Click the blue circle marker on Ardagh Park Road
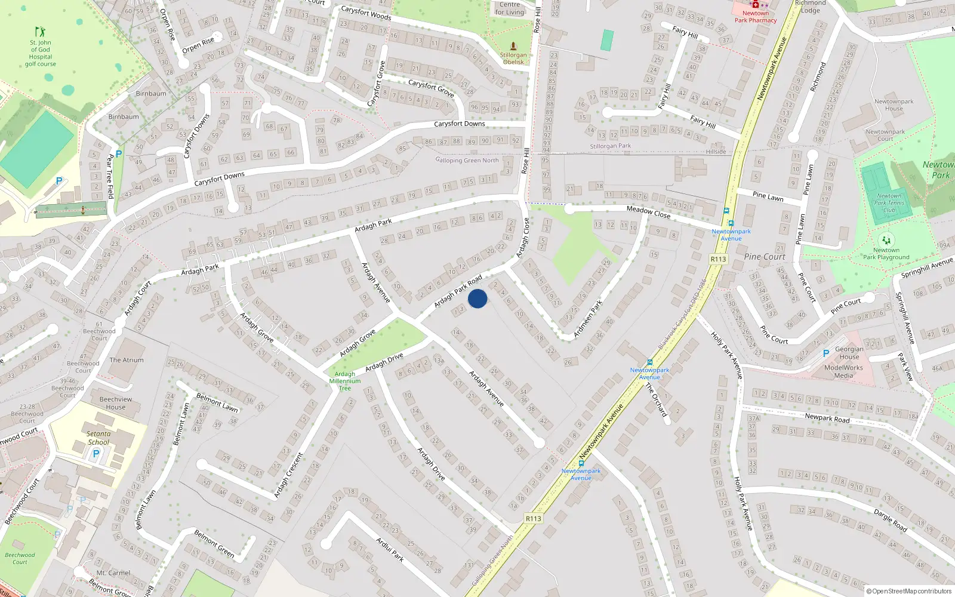pos(478,298)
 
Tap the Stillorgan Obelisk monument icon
pos(513,47)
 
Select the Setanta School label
pos(98,438)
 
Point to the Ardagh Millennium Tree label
pos(345,381)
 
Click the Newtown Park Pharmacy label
pos(756,17)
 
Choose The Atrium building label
pos(127,360)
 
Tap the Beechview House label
pos(116,403)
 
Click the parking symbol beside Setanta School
pos(96,454)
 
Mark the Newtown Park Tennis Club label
pos(889,203)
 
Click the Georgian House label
pos(849,353)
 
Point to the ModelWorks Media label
pos(843,371)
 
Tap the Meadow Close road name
pos(648,212)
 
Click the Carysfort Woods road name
pos(366,13)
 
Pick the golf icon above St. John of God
pos(40,31)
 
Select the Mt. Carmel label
pos(113,573)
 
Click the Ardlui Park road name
pos(390,550)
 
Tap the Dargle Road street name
pos(890,521)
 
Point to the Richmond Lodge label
pos(810,7)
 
